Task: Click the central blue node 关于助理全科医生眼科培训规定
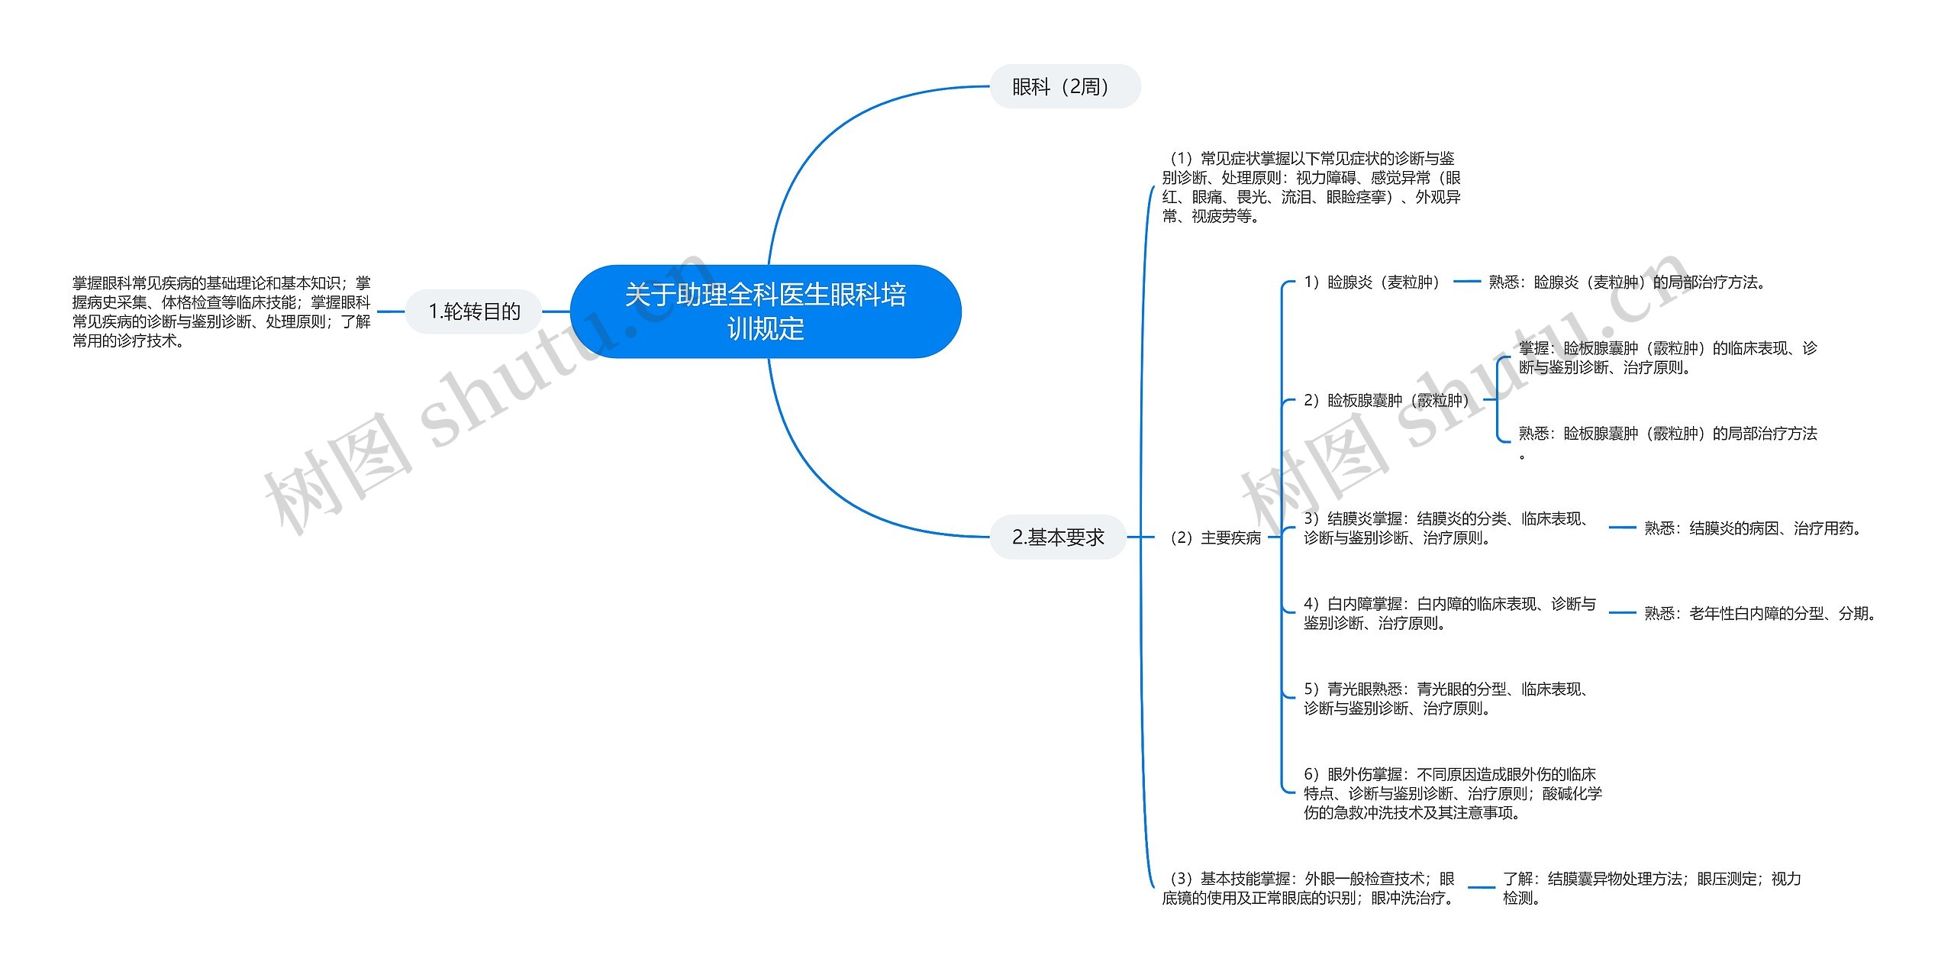coord(766,311)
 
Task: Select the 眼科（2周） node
coord(1065,86)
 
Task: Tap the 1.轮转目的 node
coord(474,311)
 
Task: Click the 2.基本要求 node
coord(1058,537)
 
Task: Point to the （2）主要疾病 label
coord(1214,537)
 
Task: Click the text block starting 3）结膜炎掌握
coord(1449,528)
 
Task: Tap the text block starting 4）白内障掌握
coord(1449,613)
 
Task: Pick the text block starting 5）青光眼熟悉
coord(1449,699)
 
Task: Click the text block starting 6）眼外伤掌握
coord(1453,793)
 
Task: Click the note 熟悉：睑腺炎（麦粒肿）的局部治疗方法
coord(1629,282)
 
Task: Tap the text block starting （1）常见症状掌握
coord(1311,187)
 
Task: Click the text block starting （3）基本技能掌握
coord(1310,888)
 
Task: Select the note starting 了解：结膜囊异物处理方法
coord(1652,888)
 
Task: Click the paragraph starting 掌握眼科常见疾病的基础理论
coord(221,311)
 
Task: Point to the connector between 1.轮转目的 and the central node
coord(556,311)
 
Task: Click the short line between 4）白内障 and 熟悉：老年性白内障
coord(1623,613)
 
